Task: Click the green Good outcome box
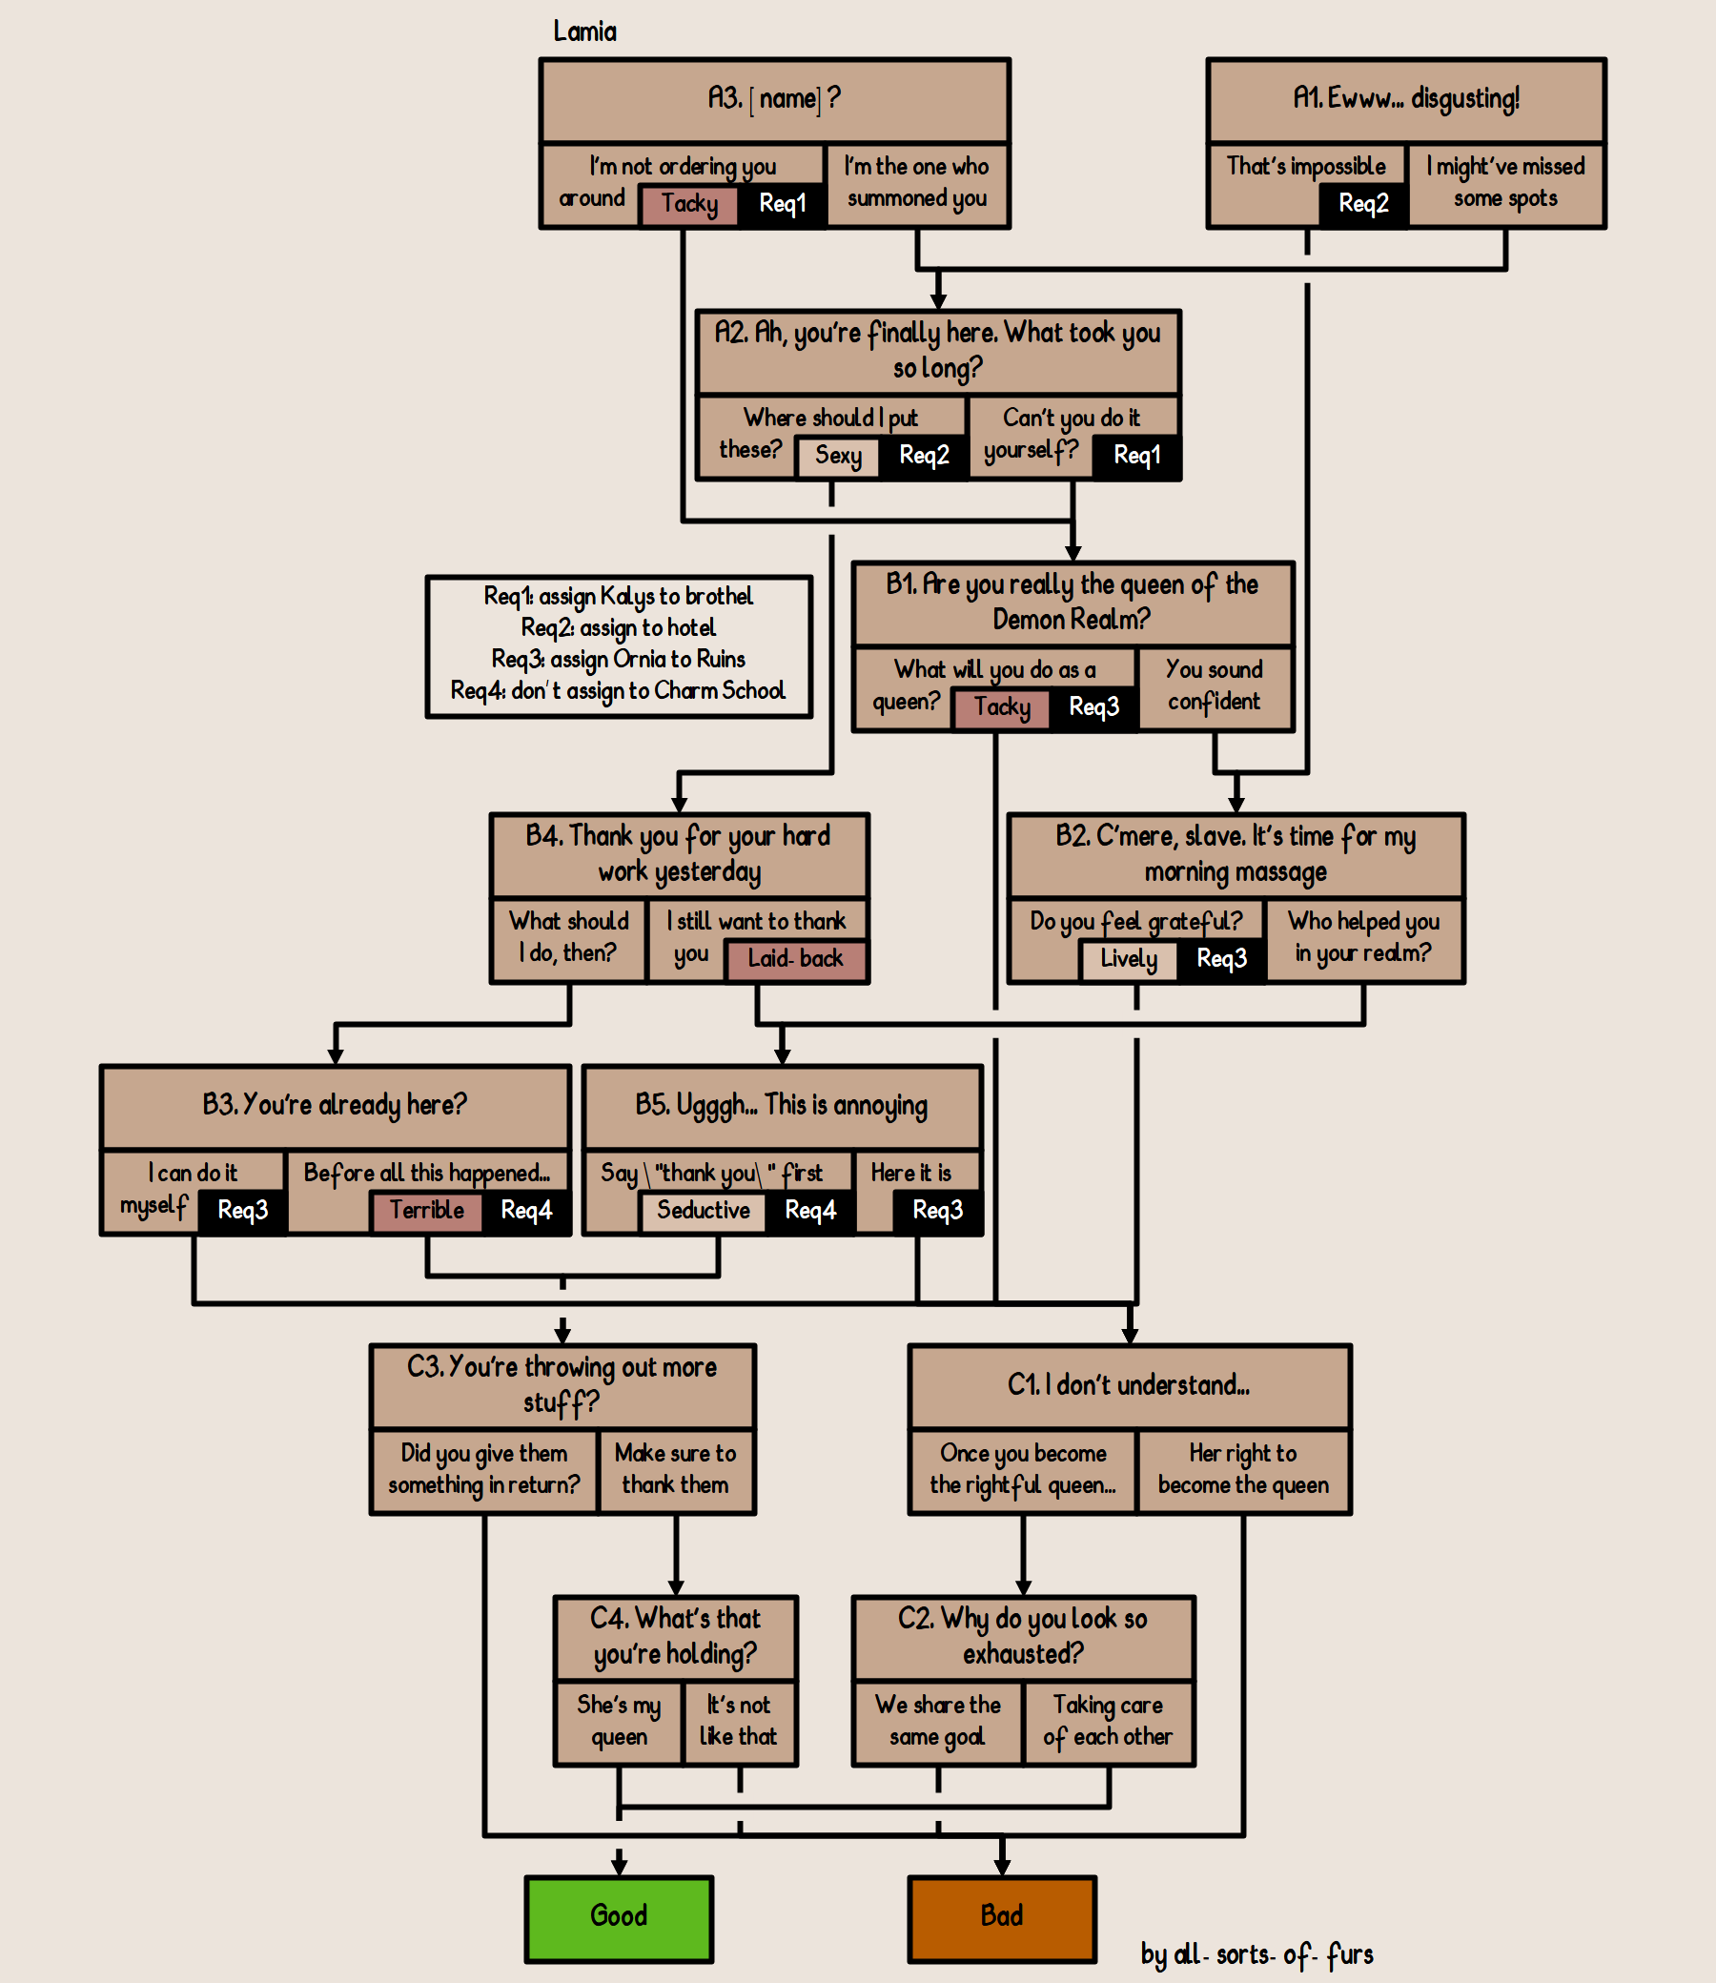[x=619, y=1918]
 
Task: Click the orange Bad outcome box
[x=1002, y=1918]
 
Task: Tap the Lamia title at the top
[x=584, y=31]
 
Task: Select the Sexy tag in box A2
[x=838, y=456]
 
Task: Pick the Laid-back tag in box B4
[x=795, y=959]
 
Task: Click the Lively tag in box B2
[x=1128, y=959]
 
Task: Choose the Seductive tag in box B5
[x=703, y=1211]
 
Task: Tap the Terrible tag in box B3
[x=426, y=1211]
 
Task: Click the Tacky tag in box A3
[x=688, y=204]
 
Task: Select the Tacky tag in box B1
[x=1002, y=707]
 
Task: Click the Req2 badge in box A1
[x=1362, y=204]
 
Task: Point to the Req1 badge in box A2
[x=1136, y=456]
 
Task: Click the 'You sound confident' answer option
[x=1215, y=685]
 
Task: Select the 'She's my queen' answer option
[x=619, y=1721]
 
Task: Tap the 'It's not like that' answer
[x=738, y=1721]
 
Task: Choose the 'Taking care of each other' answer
[x=1108, y=1721]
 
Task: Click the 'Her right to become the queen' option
[x=1243, y=1470]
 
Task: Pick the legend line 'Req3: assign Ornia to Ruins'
[x=619, y=660]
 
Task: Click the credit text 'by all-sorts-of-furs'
[x=1256, y=1955]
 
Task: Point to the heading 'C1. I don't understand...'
[x=1128, y=1385]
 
